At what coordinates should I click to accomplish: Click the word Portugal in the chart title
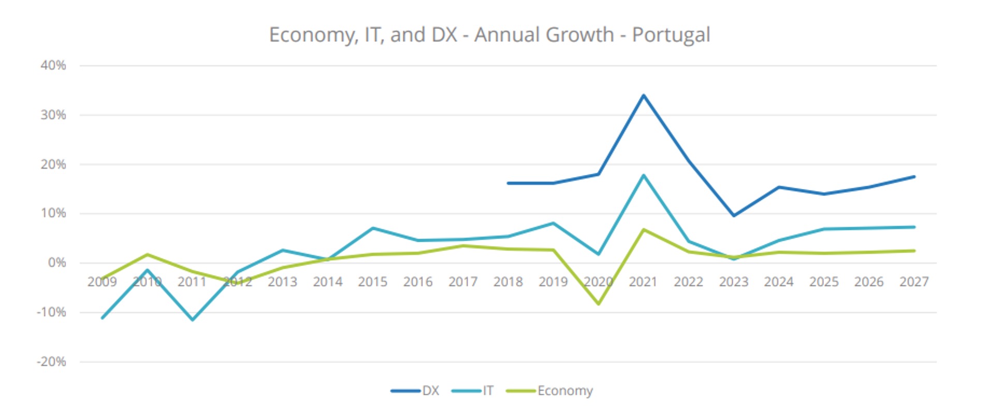point(671,35)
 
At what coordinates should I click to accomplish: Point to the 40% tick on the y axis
point(53,66)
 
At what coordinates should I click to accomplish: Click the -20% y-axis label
point(51,362)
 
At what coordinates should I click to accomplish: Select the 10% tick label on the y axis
point(53,213)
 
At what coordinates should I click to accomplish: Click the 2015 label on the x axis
point(372,282)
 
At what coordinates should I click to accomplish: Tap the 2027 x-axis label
point(914,282)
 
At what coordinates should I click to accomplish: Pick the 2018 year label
point(508,282)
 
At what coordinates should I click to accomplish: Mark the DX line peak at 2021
point(644,95)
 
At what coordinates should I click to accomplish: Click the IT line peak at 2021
point(644,175)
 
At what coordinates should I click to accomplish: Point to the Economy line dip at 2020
point(599,304)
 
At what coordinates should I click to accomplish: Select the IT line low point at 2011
point(193,320)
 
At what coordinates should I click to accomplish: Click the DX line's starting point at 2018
point(508,183)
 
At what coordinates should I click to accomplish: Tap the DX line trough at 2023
point(734,216)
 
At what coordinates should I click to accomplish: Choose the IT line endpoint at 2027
point(914,227)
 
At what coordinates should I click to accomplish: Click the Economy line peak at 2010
point(148,255)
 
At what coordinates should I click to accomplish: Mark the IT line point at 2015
point(373,228)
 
